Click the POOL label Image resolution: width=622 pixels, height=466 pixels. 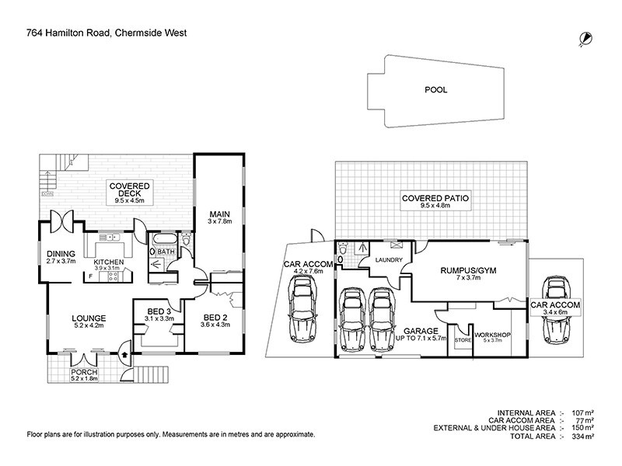pos(435,90)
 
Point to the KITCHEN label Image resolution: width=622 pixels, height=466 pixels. pos(109,263)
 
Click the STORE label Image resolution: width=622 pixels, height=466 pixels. pos(463,339)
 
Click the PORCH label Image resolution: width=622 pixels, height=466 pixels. pos(85,372)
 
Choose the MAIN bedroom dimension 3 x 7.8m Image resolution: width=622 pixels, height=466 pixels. pos(216,222)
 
